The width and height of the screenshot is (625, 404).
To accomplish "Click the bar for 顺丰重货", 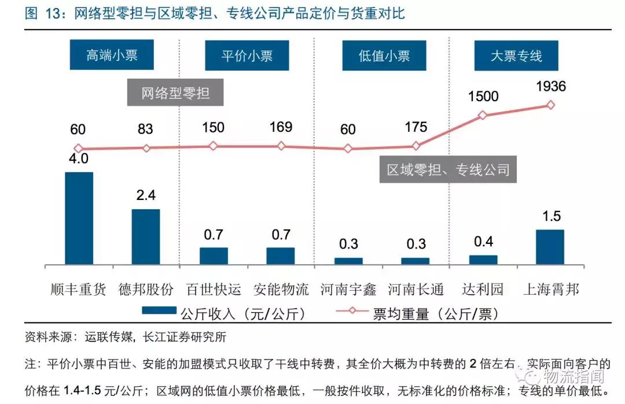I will coord(79,218).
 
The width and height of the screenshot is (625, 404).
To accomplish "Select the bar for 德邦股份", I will coord(146,237).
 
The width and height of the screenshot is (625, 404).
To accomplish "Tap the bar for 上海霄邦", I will coord(550,247).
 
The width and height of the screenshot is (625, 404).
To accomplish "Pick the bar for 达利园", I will coord(483,260).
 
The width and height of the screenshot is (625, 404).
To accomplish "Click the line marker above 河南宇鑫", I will coord(348,149).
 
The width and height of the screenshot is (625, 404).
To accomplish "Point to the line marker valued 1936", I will coord(550,105).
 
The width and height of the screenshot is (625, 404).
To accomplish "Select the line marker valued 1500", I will coord(483,115).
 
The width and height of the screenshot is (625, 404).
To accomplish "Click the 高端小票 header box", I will coord(112,55).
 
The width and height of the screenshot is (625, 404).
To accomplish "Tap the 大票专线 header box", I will coord(516,55).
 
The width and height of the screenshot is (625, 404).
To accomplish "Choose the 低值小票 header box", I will coord(384,55).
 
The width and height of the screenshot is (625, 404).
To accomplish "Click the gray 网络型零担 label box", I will coord(175,93).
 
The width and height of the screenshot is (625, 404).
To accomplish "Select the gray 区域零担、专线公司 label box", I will coord(448,170).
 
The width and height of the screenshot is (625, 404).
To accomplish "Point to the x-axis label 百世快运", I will coord(214,288).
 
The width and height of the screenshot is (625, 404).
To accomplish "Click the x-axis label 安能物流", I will coord(281,288).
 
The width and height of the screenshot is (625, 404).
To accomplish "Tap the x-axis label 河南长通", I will coord(416,288).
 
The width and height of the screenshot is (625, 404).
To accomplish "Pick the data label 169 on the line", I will coord(281,127).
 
